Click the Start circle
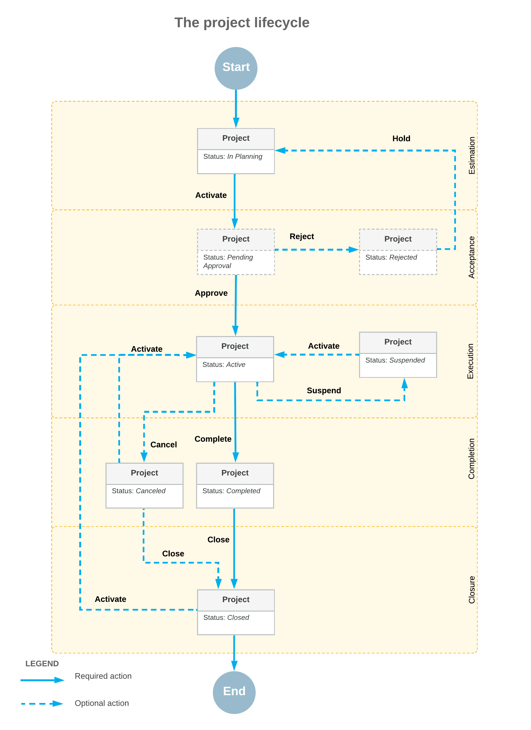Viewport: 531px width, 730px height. [x=236, y=68]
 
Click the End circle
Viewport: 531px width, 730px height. [x=234, y=692]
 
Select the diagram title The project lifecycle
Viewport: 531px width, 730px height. [x=242, y=22]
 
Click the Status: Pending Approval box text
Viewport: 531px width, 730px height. [x=228, y=261]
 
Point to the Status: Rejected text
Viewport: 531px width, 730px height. [x=391, y=257]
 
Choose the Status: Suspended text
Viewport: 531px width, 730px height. [x=395, y=360]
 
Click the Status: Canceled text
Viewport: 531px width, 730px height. [x=139, y=491]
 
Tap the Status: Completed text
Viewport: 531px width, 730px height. [x=231, y=491]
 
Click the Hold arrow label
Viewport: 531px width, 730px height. [x=401, y=138]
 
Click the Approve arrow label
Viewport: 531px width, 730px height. [x=211, y=293]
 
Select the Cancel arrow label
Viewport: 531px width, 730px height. [x=163, y=445]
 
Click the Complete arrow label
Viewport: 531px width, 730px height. [x=213, y=439]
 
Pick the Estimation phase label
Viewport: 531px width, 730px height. [x=471, y=155]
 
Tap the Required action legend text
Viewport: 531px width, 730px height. [x=103, y=676]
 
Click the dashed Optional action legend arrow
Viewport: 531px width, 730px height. [x=42, y=704]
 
